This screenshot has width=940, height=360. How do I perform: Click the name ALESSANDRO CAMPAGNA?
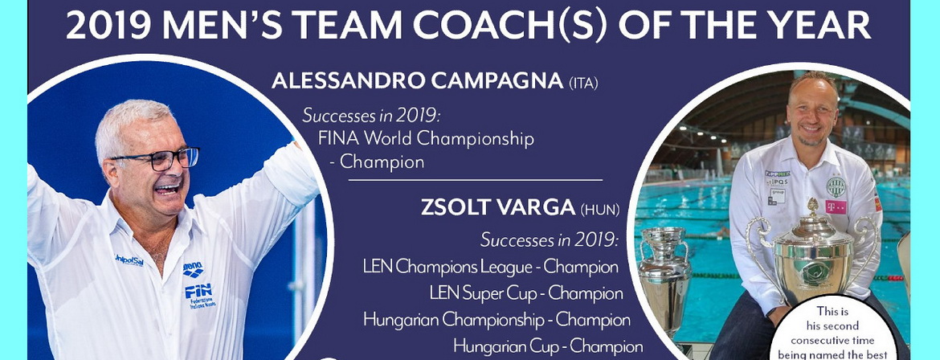click(x=417, y=81)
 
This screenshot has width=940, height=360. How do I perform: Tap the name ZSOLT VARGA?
click(x=498, y=207)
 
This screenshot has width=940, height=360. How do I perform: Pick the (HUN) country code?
click(x=600, y=210)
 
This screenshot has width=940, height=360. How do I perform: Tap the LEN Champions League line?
click(x=490, y=267)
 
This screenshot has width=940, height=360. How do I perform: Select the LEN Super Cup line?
click(x=525, y=293)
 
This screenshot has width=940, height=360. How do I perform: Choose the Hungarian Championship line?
click(x=497, y=320)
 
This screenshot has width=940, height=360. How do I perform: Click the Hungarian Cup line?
click(x=548, y=346)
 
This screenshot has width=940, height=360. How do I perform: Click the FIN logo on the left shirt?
click(x=198, y=295)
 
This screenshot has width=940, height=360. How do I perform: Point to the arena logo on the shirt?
click(x=193, y=269)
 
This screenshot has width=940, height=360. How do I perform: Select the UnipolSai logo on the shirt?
click(x=129, y=260)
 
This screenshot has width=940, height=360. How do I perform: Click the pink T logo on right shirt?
click(x=836, y=207)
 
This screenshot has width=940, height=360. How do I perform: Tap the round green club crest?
click(x=835, y=186)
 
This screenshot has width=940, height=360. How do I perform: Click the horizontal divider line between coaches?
click(x=476, y=180)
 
